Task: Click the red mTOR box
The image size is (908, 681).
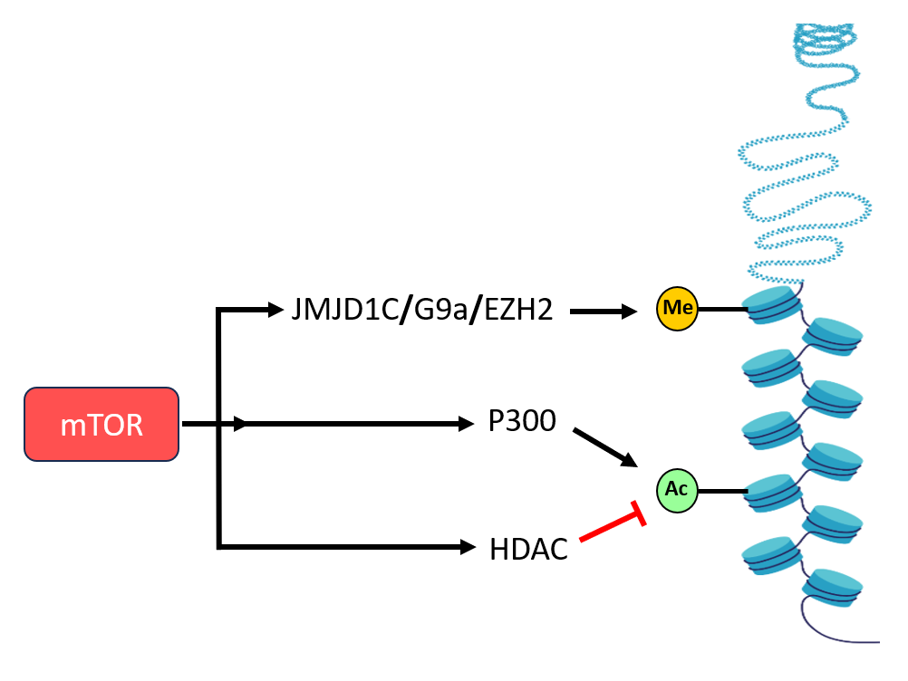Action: (101, 425)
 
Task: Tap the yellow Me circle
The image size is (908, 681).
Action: (679, 310)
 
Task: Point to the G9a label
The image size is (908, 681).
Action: (439, 312)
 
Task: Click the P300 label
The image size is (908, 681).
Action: (521, 422)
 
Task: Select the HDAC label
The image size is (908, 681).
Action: (528, 548)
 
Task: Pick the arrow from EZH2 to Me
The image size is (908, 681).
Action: (603, 312)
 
